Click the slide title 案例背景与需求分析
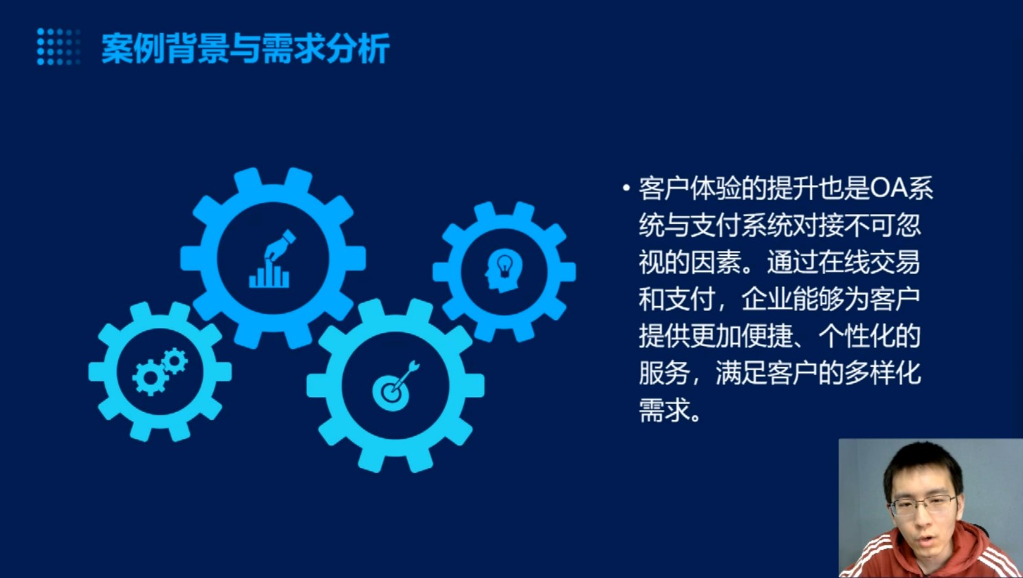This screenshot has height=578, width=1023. click(x=245, y=48)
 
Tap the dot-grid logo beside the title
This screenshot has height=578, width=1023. click(x=58, y=47)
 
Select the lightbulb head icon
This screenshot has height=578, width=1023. click(x=504, y=270)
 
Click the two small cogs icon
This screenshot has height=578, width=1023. click(x=159, y=372)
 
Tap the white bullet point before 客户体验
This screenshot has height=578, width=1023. click(x=626, y=187)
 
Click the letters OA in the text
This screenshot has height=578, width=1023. click(x=889, y=189)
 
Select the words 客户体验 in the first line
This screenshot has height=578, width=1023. click(x=690, y=189)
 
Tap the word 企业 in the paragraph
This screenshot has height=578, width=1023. click(x=767, y=300)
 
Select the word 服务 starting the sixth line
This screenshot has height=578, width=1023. click(x=664, y=374)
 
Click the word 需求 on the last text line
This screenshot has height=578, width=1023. click(x=664, y=410)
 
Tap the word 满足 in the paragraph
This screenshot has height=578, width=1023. click(x=741, y=374)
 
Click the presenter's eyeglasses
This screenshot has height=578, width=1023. click(x=923, y=504)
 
